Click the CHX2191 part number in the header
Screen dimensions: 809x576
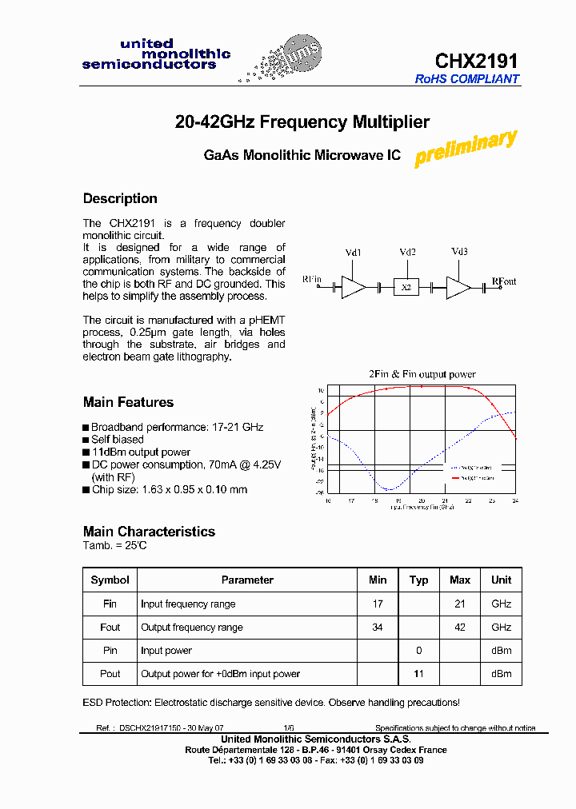[477, 61]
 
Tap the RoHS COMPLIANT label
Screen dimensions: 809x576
[467, 79]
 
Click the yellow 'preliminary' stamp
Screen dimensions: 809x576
[466, 149]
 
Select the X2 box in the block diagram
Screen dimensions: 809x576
[406, 287]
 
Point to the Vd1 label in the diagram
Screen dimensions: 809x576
[354, 253]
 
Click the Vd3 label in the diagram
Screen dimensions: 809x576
[459, 252]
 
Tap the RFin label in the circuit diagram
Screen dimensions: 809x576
[311, 279]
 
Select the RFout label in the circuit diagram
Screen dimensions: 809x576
[504, 281]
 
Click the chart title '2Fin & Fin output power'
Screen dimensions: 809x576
[422, 374]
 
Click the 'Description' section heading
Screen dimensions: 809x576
[120, 198]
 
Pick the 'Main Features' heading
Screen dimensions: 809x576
[128, 402]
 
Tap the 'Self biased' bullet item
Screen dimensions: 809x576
[117, 440]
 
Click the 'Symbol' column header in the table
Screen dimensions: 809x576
[110, 580]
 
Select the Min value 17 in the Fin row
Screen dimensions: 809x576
[378, 604]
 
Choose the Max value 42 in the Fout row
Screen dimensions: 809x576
[460, 628]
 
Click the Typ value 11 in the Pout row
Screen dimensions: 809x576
[418, 674]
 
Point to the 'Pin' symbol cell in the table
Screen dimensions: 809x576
[110, 651]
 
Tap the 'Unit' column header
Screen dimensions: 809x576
[502, 580]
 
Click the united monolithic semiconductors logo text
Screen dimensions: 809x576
[156, 54]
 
